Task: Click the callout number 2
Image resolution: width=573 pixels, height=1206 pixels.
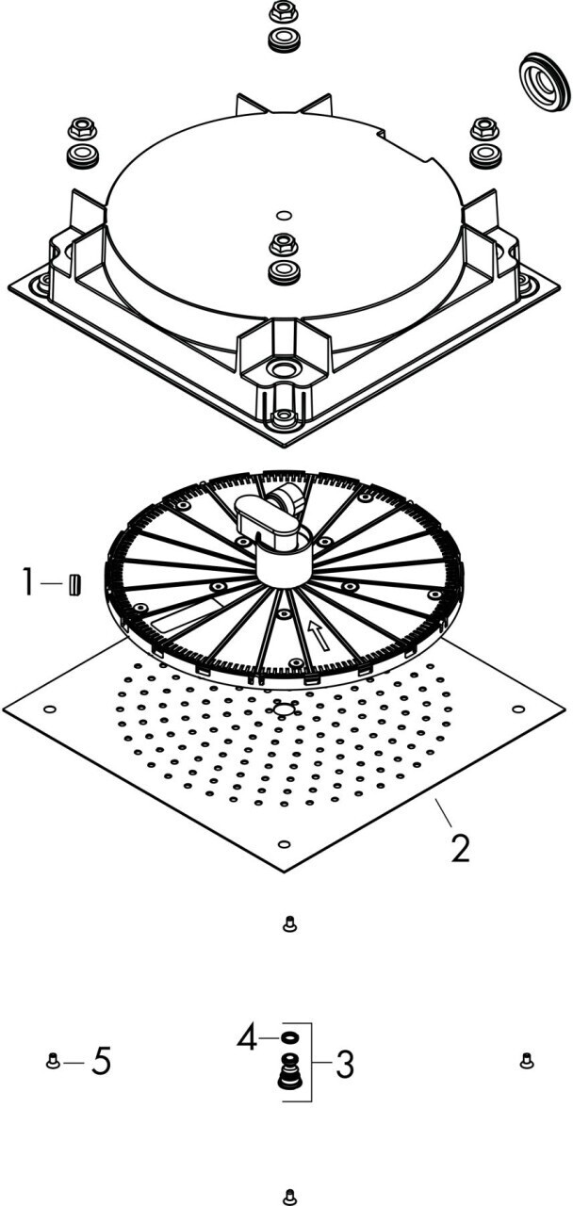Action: (x=459, y=847)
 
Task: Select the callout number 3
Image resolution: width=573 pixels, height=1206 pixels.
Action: (x=344, y=1066)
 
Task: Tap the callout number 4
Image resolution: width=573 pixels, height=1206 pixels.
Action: (x=247, y=1039)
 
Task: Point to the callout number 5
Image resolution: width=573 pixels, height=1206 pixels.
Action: (x=101, y=1063)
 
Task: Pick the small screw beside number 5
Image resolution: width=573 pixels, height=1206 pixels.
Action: (x=53, y=1062)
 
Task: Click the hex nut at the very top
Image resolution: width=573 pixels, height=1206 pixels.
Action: (x=280, y=13)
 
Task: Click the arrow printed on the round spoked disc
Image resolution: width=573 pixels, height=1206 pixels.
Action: (x=320, y=640)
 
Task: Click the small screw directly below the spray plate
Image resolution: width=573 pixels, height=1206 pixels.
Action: (x=289, y=925)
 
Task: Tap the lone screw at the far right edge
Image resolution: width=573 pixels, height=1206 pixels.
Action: (x=527, y=1061)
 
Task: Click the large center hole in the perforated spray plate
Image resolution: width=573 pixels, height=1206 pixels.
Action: (x=282, y=709)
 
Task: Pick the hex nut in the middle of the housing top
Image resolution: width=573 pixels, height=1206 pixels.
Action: (x=281, y=245)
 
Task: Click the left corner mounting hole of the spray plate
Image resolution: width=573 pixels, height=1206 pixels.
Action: (x=50, y=709)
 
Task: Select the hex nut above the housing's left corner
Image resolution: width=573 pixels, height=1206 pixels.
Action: (x=80, y=128)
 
